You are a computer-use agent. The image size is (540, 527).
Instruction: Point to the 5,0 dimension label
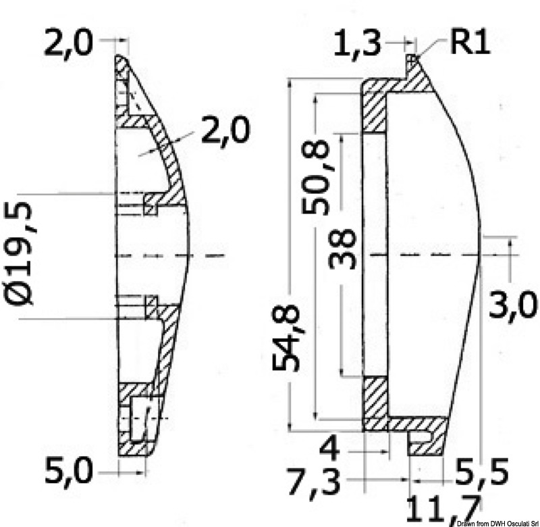tap(68, 470)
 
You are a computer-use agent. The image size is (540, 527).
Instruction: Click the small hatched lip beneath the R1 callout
tap(412, 66)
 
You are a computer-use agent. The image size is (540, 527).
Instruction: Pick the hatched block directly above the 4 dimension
tap(375, 399)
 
